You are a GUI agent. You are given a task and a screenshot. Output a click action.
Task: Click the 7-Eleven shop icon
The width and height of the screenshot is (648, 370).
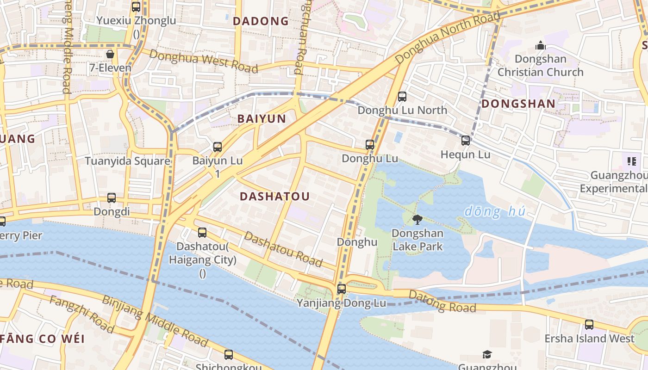(x=110, y=55)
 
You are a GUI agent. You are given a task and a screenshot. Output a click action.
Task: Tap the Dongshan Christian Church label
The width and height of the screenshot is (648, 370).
(x=540, y=66)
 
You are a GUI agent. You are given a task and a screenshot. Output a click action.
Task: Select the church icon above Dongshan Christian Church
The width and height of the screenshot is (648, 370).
(x=540, y=46)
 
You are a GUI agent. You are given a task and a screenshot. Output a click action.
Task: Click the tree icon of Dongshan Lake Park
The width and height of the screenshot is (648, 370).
(x=417, y=220)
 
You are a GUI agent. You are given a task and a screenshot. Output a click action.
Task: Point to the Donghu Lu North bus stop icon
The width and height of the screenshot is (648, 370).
(x=402, y=97)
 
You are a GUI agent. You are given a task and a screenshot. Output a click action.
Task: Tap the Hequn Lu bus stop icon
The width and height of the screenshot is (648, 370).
(x=466, y=141)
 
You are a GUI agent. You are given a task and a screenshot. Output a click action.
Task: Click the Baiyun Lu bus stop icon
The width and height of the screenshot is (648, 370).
(x=218, y=147)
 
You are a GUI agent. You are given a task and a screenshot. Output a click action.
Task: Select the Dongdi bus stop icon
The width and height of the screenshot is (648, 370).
(x=112, y=198)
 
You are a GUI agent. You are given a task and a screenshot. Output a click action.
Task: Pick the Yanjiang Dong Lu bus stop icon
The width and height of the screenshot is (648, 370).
(x=342, y=289)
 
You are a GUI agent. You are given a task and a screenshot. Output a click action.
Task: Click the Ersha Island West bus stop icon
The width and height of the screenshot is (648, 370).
(x=589, y=325)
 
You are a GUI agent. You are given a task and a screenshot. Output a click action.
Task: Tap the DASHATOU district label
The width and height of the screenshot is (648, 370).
(x=274, y=197)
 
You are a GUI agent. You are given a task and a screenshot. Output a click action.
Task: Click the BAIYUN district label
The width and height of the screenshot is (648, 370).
(x=262, y=119)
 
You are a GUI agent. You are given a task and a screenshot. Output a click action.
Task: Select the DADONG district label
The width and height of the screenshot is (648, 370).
(x=261, y=21)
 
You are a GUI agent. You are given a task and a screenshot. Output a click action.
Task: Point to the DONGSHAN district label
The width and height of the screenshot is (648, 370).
(x=518, y=104)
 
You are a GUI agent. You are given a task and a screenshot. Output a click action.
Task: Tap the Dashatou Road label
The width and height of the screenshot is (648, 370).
(x=283, y=249)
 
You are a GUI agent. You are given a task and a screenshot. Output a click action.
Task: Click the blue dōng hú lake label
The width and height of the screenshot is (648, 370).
(x=495, y=212)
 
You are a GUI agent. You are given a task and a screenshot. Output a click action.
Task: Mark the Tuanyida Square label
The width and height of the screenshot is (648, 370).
(x=127, y=161)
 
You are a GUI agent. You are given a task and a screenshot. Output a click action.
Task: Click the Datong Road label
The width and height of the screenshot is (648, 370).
(x=442, y=302)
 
